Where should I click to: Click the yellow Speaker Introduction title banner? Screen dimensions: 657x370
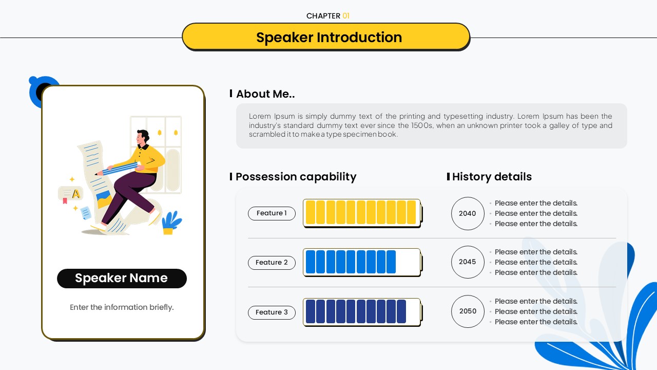[x=326, y=37]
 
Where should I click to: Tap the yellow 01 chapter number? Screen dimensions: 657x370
[x=346, y=16]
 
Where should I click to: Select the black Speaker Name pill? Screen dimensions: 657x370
[x=122, y=278]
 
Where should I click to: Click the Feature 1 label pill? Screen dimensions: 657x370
[x=272, y=213]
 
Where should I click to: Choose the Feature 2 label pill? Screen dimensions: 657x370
[x=272, y=263]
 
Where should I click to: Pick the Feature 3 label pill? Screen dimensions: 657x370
[x=272, y=312]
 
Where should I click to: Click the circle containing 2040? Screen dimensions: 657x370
[x=468, y=213]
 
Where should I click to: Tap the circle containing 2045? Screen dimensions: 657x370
[x=468, y=262]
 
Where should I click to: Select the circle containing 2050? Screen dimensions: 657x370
[x=468, y=311]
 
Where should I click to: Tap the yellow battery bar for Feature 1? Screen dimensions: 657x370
[x=362, y=213]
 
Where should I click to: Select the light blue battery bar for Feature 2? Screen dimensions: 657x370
[x=362, y=262]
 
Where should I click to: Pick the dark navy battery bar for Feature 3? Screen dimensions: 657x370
[x=362, y=312]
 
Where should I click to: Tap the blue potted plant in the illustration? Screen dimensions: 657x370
[x=171, y=223]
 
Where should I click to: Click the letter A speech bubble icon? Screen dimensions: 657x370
[x=70, y=194]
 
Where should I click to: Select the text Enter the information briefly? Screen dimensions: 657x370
[x=122, y=307]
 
